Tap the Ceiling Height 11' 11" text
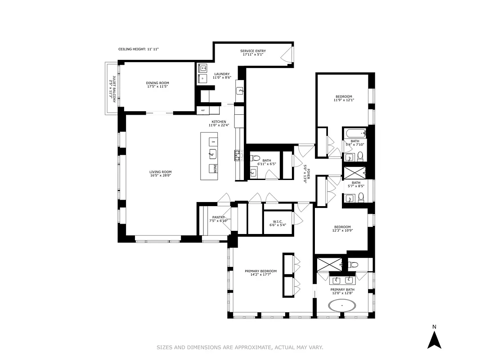pos(139,49)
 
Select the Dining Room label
pos(157,85)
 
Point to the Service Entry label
pos(252,53)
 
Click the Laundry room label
pos(222,76)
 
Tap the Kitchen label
pos(219,124)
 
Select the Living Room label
pos(161,174)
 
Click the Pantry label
pos(219,219)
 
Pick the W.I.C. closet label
pos(278,223)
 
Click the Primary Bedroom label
pos(260,273)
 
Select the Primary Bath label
pos(342,292)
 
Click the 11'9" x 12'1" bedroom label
pos(344,98)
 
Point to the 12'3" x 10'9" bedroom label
pos(343,229)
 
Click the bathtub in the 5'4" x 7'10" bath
pos(355,133)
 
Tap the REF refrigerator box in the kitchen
pos(203,110)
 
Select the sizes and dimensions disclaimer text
pos(240,347)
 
